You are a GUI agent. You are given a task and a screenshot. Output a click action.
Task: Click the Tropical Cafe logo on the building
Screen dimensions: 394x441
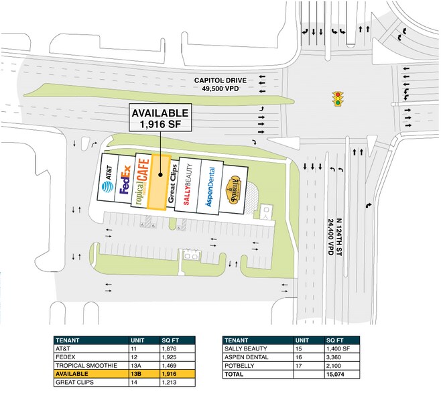(141, 182)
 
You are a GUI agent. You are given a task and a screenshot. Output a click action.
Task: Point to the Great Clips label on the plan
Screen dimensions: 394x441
(171, 182)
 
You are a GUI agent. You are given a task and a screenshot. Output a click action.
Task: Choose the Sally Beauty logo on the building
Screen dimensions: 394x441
(188, 184)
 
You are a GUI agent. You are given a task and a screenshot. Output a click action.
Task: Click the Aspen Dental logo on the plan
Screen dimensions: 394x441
(210, 186)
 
